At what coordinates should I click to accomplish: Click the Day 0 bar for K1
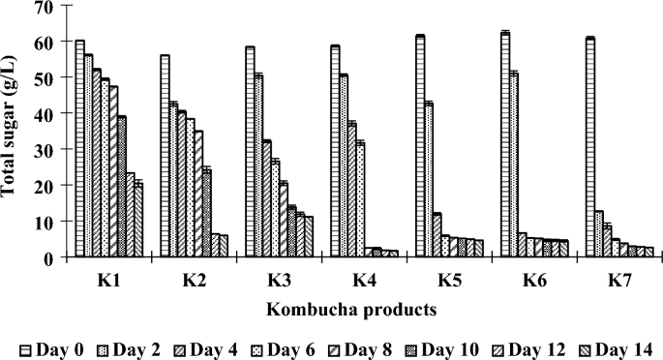pyautogui.click(x=79, y=149)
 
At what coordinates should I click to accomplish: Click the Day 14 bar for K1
pyautogui.click(x=138, y=220)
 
